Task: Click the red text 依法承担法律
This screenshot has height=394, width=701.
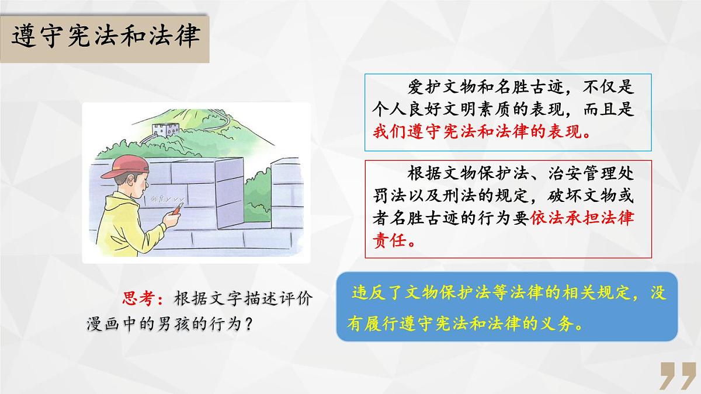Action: click(x=582, y=217)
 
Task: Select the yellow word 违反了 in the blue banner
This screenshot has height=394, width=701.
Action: click(x=374, y=293)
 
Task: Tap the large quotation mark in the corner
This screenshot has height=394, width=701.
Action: click(x=677, y=375)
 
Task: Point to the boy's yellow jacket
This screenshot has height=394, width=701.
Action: click(x=126, y=225)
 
